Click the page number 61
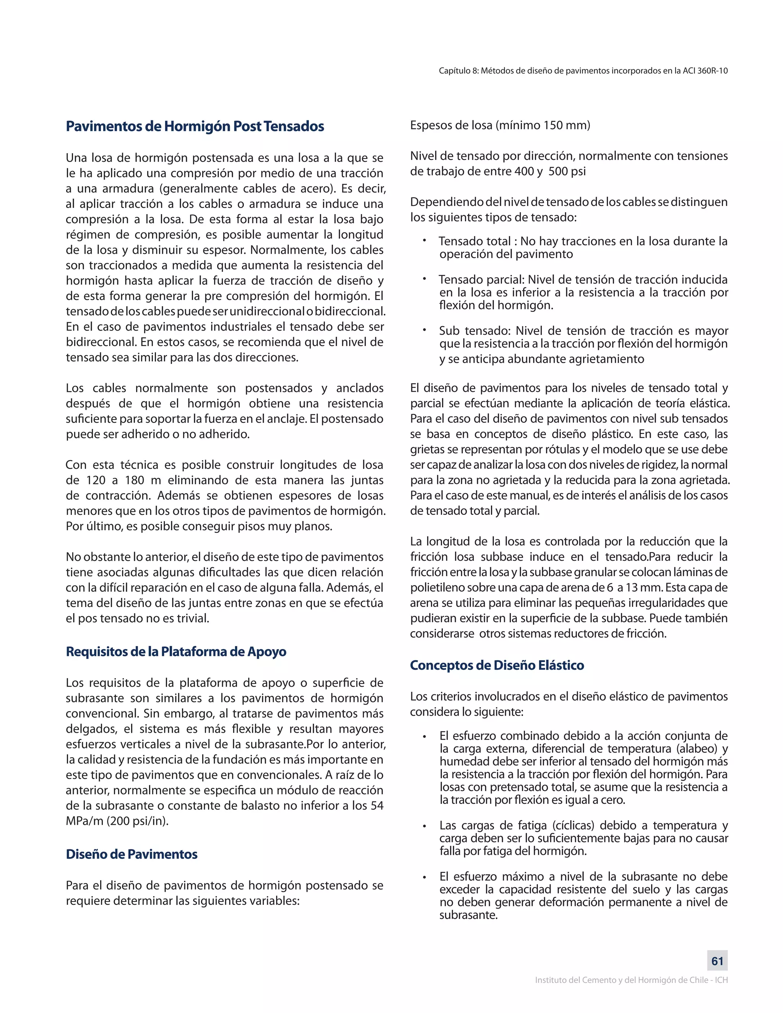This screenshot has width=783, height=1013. [717, 961]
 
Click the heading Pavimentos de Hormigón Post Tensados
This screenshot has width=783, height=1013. [195, 126]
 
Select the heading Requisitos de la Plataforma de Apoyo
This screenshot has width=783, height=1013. [176, 652]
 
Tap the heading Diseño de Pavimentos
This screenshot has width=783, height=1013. [132, 854]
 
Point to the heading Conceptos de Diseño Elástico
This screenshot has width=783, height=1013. [497, 665]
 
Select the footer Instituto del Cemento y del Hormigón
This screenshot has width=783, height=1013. [631, 980]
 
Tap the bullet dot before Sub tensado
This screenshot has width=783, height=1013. [424, 330]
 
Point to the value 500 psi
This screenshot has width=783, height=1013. [567, 171]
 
